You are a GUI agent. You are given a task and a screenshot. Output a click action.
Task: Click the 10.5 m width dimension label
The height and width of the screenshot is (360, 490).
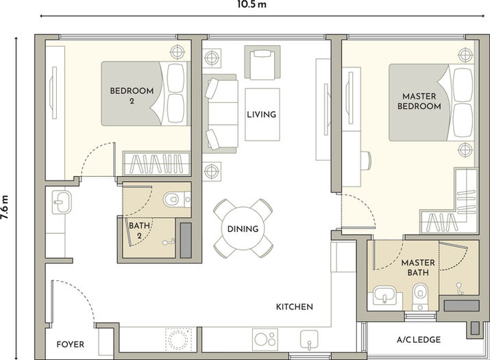coord(252,5)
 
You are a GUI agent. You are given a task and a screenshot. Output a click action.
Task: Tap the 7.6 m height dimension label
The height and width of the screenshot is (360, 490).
coord(4,207)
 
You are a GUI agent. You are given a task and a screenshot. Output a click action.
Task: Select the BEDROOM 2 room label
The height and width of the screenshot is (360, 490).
coord(132,95)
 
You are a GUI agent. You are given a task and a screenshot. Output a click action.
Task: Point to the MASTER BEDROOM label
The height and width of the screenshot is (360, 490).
coord(419,101)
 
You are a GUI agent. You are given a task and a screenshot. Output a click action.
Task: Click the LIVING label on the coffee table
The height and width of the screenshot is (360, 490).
coord(262,114)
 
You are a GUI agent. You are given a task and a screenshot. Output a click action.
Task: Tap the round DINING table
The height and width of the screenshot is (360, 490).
coord(243,228)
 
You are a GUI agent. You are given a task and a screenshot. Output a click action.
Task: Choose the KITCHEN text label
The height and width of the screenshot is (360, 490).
coord(295,307)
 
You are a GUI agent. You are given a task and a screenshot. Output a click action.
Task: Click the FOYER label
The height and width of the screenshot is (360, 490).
coord(71,344)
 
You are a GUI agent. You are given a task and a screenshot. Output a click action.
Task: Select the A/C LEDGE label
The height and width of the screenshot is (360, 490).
coord(419,339)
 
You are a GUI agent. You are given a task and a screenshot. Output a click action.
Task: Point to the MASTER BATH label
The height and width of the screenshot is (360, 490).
coord(418,267)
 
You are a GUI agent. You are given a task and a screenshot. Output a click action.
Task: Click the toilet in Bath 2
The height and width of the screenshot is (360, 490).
coord(175,200)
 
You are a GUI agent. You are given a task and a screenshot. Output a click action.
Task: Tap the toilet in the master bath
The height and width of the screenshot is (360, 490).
coord(420,296)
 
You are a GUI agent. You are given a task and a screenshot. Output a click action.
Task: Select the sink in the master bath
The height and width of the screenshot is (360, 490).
coord(384,295)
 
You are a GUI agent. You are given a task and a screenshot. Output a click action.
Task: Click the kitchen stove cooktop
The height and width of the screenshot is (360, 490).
coord(265,339)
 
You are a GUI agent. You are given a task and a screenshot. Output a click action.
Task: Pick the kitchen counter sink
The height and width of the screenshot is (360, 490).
coord(309,339)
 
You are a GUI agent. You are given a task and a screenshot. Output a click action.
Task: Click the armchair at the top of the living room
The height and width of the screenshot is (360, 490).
coord(262,62)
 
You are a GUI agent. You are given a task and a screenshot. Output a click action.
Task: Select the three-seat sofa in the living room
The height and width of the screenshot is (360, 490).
coord(220,114)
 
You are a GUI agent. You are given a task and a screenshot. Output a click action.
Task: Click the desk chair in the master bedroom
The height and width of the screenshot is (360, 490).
coord(366,160)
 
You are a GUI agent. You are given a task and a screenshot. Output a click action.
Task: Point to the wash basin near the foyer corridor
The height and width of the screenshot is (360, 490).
coord(62,202)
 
